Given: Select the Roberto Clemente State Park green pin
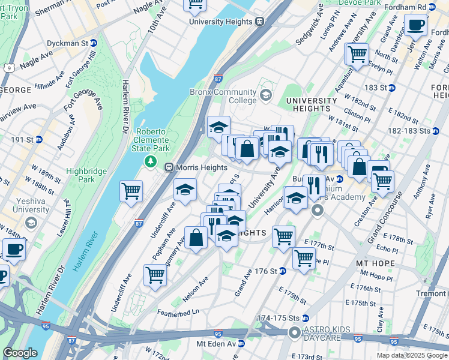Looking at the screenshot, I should tap(150, 161).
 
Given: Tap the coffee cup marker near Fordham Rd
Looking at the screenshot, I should tap(415, 25).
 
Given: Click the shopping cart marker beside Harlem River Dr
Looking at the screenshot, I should tap(131, 191).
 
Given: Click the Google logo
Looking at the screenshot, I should tap(20, 353).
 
